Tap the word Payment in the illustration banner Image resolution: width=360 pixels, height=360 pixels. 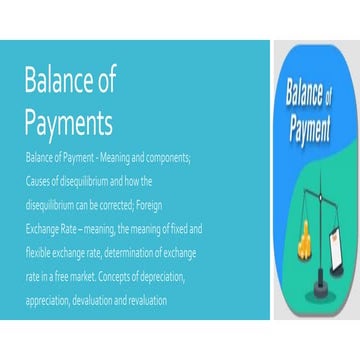click(316, 128)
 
